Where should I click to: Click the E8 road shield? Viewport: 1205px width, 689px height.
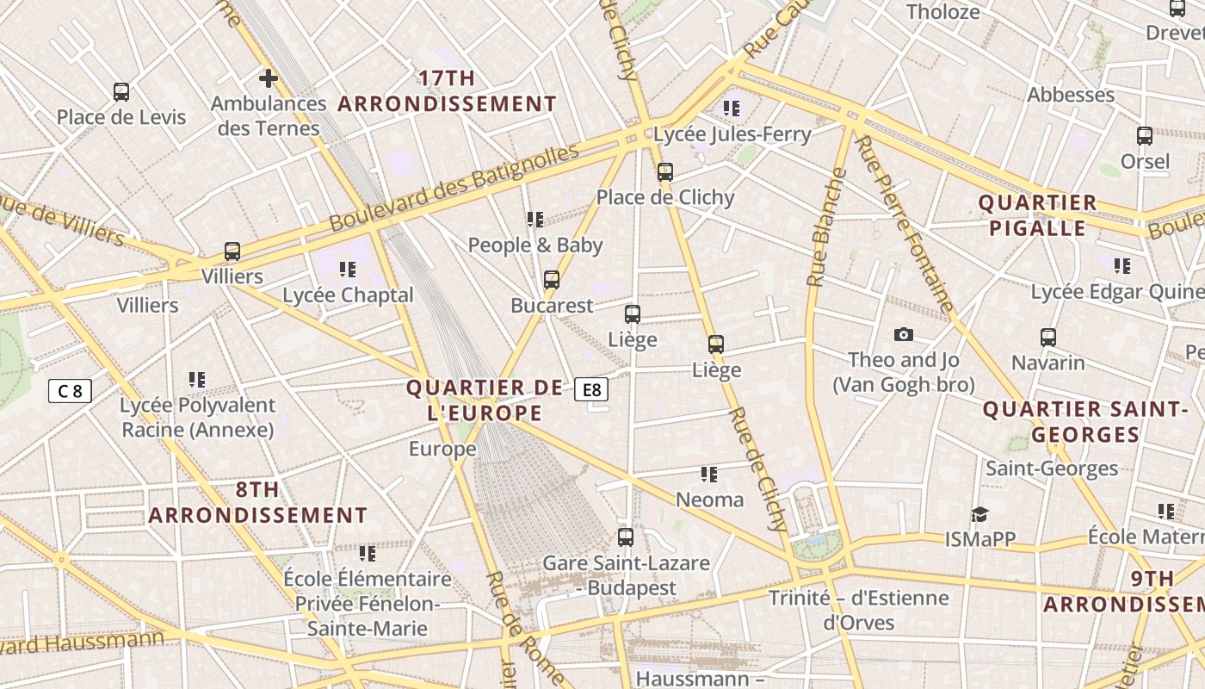[x=592, y=389]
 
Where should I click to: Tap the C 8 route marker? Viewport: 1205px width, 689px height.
[x=70, y=391]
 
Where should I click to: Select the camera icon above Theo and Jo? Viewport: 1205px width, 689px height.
[x=903, y=334]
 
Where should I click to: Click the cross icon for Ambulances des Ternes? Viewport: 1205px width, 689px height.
[x=269, y=78]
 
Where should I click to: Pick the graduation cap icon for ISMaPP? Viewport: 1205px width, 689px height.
[x=979, y=514]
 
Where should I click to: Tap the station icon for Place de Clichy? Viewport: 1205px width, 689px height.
[x=664, y=171]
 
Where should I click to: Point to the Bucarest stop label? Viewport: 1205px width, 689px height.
[x=552, y=306]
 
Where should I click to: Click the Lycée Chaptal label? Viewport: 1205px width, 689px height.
[x=348, y=295]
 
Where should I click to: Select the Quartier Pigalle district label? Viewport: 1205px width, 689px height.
[x=1037, y=215]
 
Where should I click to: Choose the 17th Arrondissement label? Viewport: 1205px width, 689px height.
[x=447, y=91]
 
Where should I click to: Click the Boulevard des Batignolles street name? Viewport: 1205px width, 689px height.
[x=454, y=188]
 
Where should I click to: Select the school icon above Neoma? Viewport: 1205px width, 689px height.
[x=708, y=475]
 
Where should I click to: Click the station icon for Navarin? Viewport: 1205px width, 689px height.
[x=1047, y=337]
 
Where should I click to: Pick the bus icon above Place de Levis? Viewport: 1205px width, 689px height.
[x=121, y=91]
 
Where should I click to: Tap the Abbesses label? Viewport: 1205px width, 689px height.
[x=1071, y=95]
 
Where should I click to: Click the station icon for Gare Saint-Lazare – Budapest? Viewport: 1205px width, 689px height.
[x=626, y=537]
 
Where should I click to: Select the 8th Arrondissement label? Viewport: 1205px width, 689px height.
[x=257, y=503]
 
